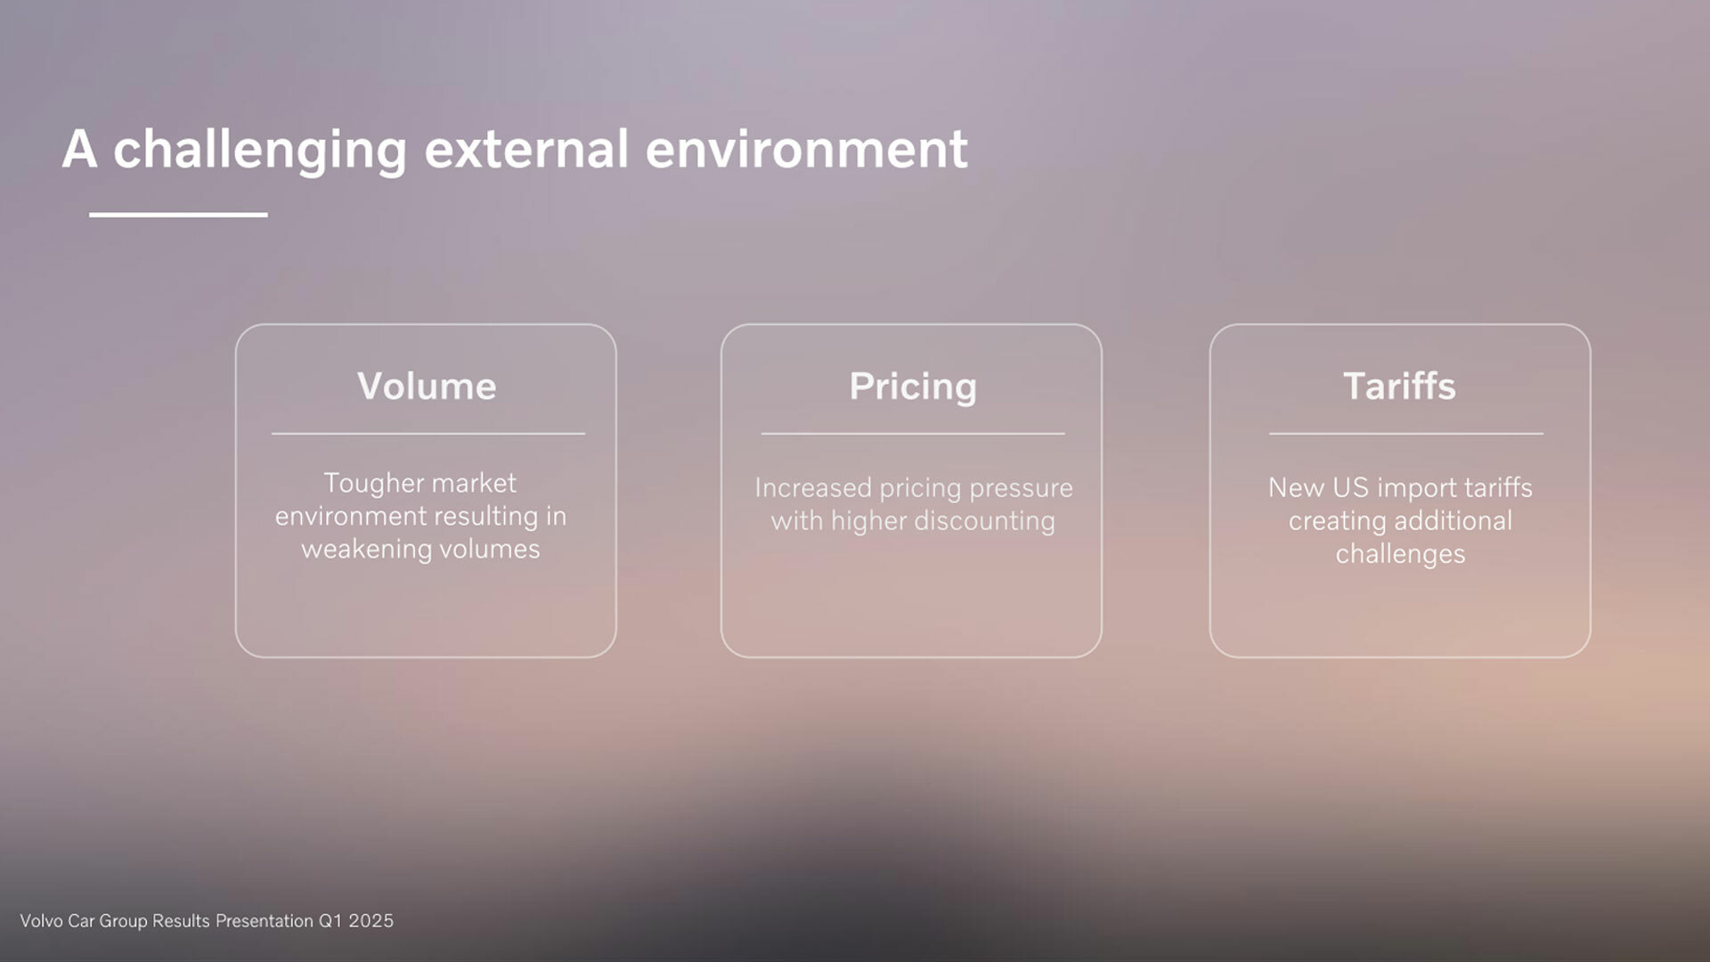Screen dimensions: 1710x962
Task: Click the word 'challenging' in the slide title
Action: [x=260, y=151]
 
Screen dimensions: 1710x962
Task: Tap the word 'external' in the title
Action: [x=526, y=149]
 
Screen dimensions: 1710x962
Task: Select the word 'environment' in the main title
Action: [x=806, y=149]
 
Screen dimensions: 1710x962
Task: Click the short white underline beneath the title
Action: [x=178, y=215]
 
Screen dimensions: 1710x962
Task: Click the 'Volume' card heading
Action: [x=427, y=387]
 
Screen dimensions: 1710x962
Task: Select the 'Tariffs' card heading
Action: [x=1399, y=387]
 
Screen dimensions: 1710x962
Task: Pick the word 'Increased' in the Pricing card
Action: [x=813, y=488]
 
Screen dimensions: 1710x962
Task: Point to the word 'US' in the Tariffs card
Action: [x=1350, y=488]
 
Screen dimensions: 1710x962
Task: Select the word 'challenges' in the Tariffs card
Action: [x=1400, y=555]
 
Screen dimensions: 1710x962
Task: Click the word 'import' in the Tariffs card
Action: [x=1417, y=489]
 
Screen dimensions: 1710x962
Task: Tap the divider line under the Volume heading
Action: [x=428, y=434]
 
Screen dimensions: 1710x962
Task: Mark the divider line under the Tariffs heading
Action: [x=1406, y=434]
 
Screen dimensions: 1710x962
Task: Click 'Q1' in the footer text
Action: [x=330, y=921]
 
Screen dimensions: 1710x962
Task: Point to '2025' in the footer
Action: [x=371, y=921]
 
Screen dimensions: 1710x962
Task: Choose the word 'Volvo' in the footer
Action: [x=41, y=921]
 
